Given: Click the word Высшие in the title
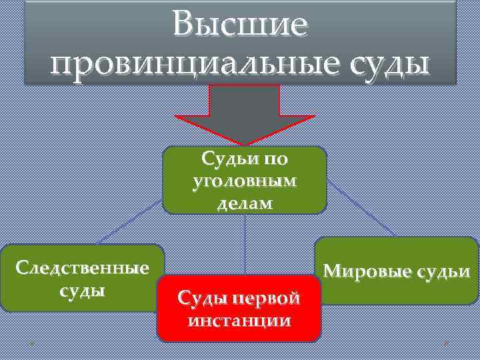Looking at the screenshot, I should click(x=239, y=25).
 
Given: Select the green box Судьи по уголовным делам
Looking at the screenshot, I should click(x=245, y=180).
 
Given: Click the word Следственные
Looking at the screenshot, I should click(x=82, y=268).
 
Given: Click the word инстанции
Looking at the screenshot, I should click(x=239, y=321).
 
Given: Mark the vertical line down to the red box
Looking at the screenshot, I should click(x=245, y=243).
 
